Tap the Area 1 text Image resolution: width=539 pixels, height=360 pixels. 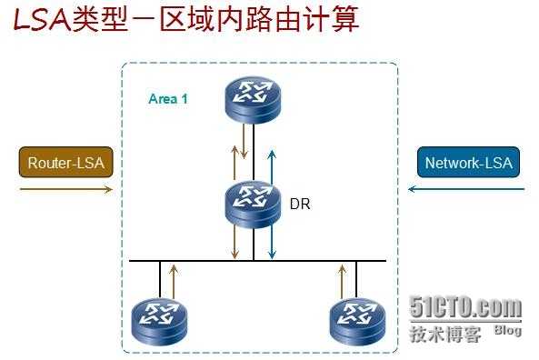168,99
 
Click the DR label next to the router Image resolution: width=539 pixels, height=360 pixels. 300,205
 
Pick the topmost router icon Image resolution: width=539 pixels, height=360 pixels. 255,98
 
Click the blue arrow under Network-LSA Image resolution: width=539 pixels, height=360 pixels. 467,189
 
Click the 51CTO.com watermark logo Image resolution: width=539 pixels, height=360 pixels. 465,308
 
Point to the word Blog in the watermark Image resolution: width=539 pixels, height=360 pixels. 508,330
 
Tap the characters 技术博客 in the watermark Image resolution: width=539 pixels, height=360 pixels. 444,334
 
